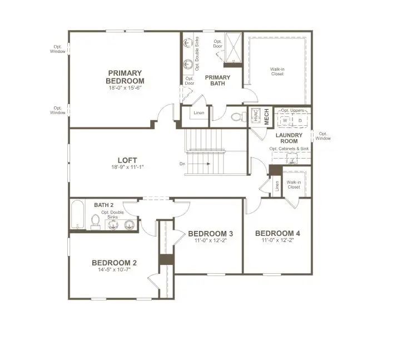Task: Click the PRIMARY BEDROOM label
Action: click(x=125, y=77)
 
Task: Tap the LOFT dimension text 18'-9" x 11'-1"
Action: click(x=127, y=167)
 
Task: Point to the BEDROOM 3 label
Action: click(x=211, y=234)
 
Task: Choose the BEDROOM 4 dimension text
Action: click(x=277, y=240)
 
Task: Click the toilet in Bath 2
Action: click(x=96, y=222)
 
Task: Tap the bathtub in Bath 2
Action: click(x=78, y=214)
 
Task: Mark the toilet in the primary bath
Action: click(x=239, y=117)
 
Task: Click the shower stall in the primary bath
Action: click(x=233, y=48)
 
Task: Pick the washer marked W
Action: click(x=285, y=120)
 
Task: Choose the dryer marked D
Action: click(x=300, y=120)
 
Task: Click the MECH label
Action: click(x=266, y=117)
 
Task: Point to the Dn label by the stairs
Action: click(x=182, y=164)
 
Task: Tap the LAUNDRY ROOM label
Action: click(x=289, y=138)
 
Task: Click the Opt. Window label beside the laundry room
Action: click(x=323, y=136)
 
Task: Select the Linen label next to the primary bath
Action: click(x=199, y=113)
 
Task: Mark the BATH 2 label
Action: click(x=104, y=205)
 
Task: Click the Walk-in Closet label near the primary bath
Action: click(x=277, y=71)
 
